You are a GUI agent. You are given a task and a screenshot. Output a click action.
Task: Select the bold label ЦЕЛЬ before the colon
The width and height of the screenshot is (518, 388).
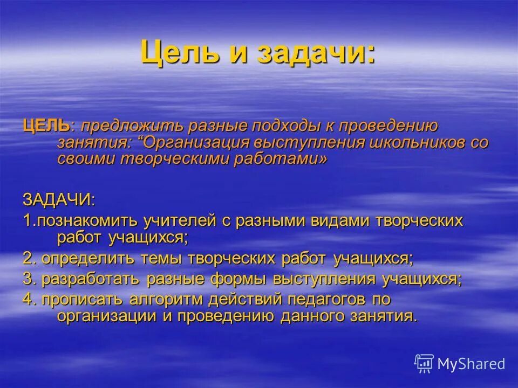(45, 127)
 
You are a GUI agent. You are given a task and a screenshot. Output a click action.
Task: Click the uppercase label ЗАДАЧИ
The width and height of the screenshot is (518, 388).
(57, 199)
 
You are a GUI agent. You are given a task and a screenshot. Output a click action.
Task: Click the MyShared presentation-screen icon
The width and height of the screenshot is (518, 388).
(424, 363)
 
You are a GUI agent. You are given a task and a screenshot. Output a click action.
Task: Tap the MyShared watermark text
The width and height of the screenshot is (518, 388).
(471, 364)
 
